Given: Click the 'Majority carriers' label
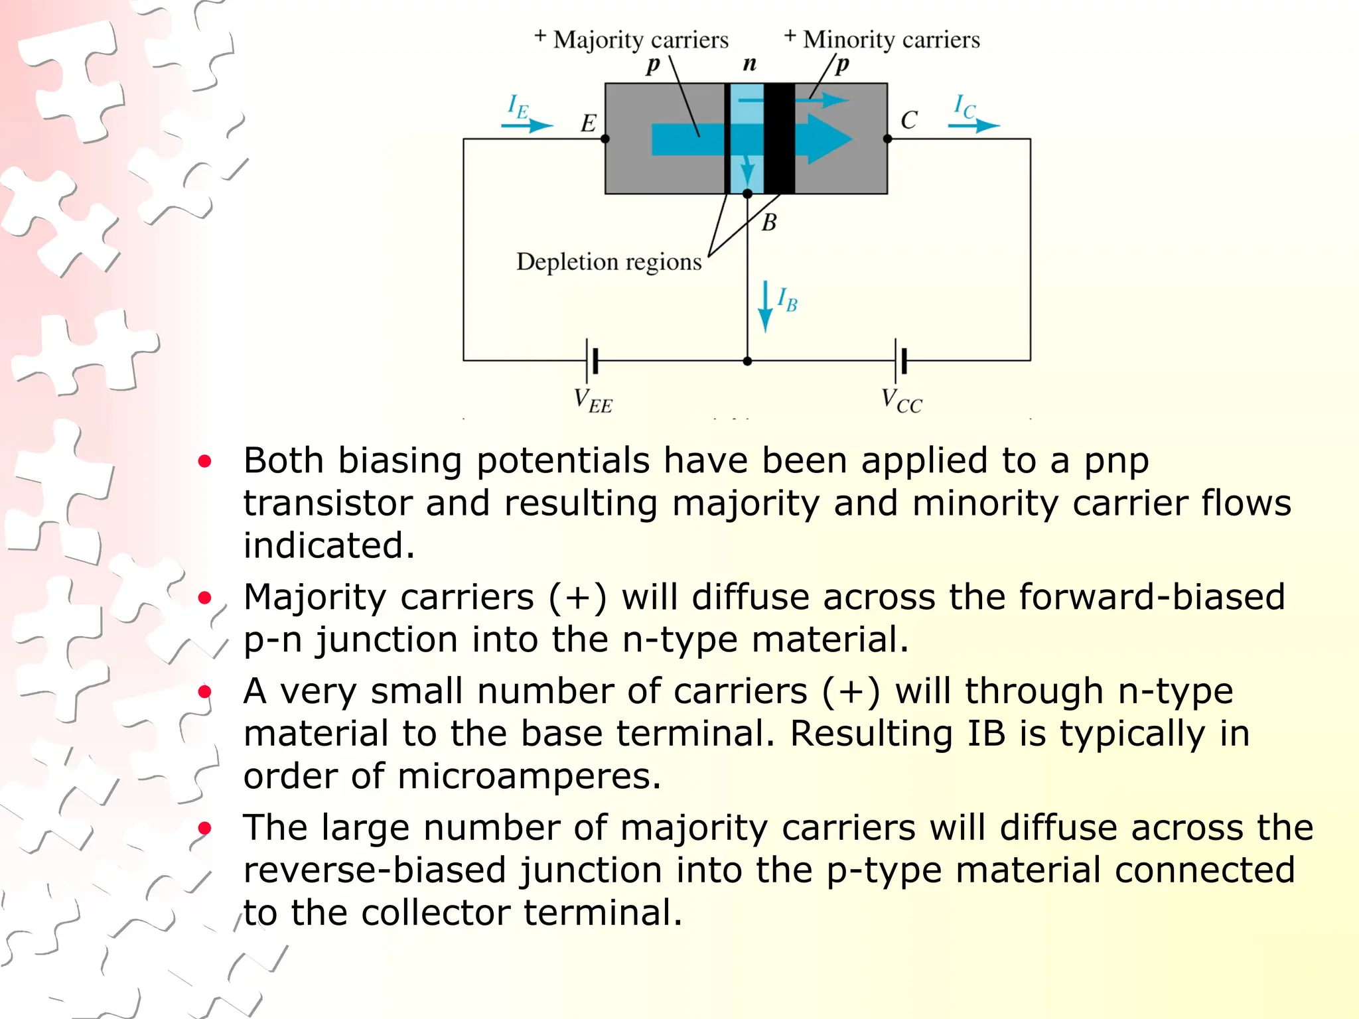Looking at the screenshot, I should pos(640,40).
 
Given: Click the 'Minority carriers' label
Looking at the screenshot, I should pos(891,40).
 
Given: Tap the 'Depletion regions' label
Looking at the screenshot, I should pos(608,262).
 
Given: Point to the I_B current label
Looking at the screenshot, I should pos(787,300).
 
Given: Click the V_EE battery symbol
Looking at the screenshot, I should pos(592,361).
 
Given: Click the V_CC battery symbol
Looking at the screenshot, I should pos(900,361).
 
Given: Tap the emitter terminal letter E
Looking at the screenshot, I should pos(589,123).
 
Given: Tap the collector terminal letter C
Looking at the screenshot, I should pos(908,120).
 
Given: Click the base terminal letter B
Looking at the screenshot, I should pos(769,222).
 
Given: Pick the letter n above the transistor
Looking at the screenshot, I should pos(749,64).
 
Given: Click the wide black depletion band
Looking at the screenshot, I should pos(779,138).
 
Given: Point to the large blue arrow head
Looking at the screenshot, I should pos(829,139).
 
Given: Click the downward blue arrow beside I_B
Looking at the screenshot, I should pos(765,307).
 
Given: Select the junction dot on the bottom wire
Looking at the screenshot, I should pos(747,362).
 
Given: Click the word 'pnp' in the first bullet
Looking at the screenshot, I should pos(1116,461).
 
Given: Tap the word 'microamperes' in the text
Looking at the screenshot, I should pos(529,776).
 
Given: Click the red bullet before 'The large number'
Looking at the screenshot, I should pos(205,828).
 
